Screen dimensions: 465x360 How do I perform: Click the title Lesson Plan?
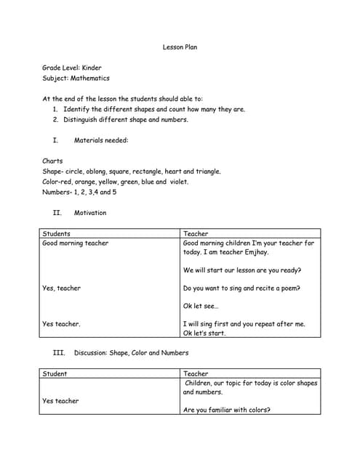[180, 47]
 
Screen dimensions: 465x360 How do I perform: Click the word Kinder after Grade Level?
[92, 68]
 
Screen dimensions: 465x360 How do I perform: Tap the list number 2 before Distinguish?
[55, 120]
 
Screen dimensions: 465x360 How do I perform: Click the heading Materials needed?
[101, 140]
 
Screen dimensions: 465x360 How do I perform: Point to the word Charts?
[53, 161]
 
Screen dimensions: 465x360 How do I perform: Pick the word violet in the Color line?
[179, 182]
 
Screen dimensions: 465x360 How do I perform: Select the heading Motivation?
[90, 213]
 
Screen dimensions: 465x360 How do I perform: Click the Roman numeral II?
[57, 213]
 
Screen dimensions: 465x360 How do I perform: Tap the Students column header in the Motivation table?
[57, 234]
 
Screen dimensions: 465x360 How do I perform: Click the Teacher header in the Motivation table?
[196, 234]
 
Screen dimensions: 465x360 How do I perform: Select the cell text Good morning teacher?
[76, 243]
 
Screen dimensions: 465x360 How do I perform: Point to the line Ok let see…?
[201, 306]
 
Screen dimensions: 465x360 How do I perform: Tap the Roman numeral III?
[59, 352]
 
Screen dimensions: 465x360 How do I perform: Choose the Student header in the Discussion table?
[55, 373]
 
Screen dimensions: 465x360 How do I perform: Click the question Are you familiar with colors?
[227, 410]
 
